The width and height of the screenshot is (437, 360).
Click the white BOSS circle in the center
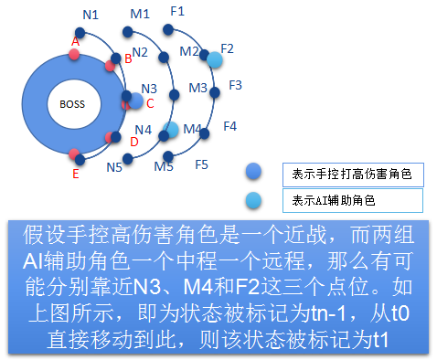pos(74,104)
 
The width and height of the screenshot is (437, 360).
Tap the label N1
pos(91,15)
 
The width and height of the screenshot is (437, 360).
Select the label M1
pos(140,14)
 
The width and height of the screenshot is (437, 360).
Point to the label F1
pos(177,11)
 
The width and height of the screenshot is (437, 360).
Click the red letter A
pos(75,41)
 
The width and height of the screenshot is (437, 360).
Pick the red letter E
pos(76,174)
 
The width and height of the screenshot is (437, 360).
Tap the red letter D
pos(134,142)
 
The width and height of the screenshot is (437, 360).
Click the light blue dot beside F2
pos(215,59)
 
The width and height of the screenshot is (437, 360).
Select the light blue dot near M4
pos(170,130)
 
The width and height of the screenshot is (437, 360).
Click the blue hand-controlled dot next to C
pos(135,101)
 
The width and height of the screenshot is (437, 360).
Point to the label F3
pos(235,85)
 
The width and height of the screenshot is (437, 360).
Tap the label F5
pos(201,164)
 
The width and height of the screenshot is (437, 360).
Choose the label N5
pos(114,167)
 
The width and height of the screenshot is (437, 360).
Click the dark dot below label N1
pos(80,33)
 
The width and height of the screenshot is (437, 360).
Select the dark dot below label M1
pos(127,31)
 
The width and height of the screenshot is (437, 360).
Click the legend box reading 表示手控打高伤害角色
pos(353,175)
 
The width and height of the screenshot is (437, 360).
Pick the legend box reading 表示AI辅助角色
pos(353,200)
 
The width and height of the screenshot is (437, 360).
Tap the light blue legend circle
pos(253,201)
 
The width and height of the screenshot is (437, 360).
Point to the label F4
pos(230,126)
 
